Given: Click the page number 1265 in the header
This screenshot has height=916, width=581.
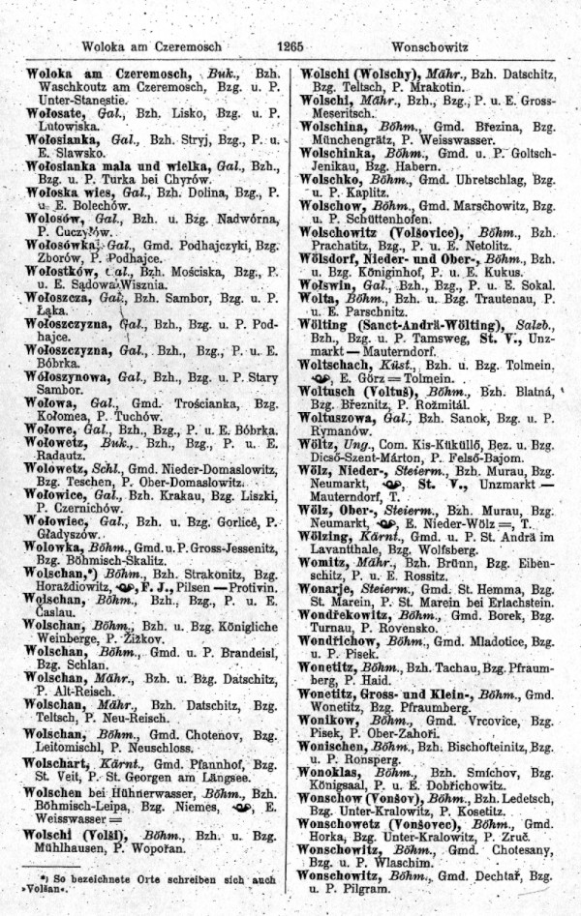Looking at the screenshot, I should [290, 45].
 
